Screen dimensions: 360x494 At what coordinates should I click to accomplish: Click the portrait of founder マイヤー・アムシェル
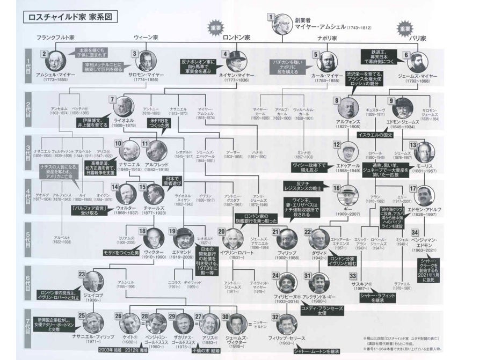283,24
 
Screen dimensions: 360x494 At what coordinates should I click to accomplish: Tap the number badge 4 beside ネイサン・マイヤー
226,54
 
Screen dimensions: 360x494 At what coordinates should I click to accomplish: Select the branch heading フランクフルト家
55,39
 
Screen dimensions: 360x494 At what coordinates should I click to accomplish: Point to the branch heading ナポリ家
326,39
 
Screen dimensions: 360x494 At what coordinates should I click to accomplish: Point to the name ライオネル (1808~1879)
123,122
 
